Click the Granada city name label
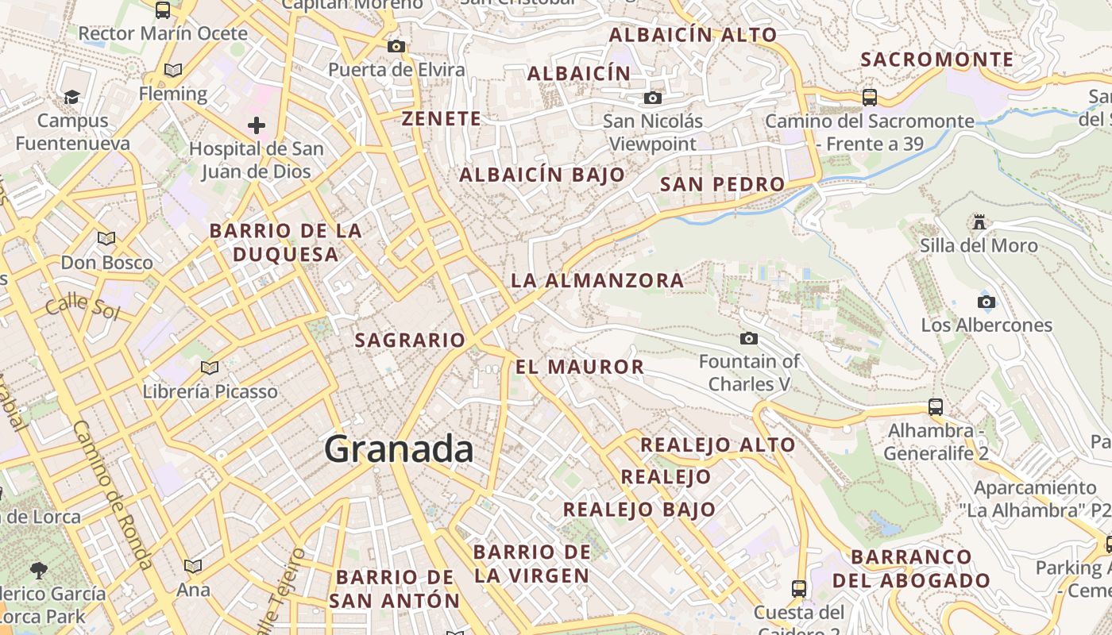(x=399, y=449)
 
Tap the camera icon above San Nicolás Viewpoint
(x=652, y=98)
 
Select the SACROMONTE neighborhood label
(x=937, y=60)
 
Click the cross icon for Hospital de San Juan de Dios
(x=256, y=125)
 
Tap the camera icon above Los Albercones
(x=986, y=302)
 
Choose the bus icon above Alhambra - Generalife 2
(x=936, y=407)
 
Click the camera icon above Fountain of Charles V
(x=748, y=339)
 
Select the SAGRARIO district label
(x=410, y=341)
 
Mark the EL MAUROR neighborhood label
(x=580, y=367)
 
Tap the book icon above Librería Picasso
(x=210, y=368)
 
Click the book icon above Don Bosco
(x=106, y=238)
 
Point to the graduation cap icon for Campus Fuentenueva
(x=72, y=97)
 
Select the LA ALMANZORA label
(x=597, y=280)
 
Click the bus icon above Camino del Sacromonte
(x=870, y=98)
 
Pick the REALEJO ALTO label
(x=718, y=444)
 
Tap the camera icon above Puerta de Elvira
(x=396, y=46)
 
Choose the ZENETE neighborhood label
(x=442, y=119)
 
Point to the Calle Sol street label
(x=82, y=308)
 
